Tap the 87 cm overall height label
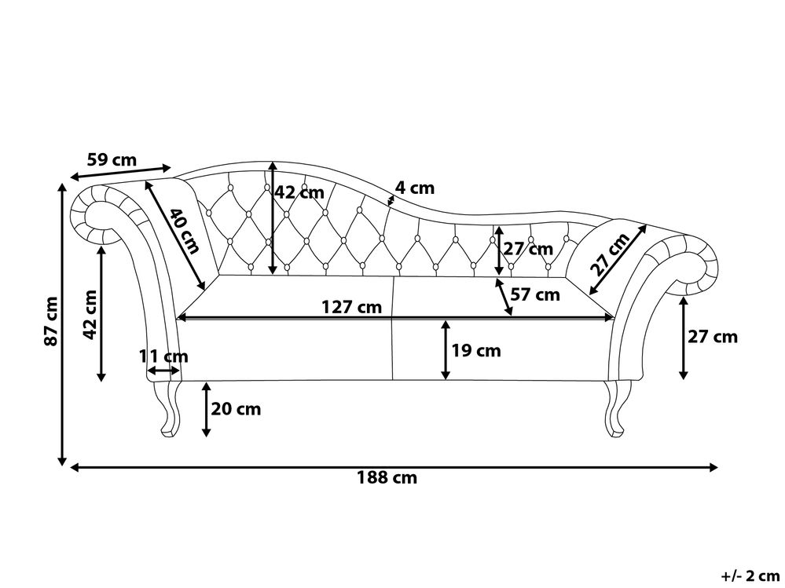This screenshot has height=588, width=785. [51, 321]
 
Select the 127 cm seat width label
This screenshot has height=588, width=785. [352, 307]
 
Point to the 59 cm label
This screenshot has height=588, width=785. [112, 159]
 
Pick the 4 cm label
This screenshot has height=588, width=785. [414, 188]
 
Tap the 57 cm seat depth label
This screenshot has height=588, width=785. [534, 295]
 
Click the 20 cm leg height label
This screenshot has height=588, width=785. [237, 409]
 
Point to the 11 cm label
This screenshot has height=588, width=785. [163, 356]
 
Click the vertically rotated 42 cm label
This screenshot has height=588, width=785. [90, 314]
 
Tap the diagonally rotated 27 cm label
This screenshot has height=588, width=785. [610, 253]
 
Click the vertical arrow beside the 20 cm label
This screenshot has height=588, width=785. [206, 409]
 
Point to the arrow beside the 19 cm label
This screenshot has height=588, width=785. [446, 350]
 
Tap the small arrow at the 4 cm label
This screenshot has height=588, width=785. [391, 199]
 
